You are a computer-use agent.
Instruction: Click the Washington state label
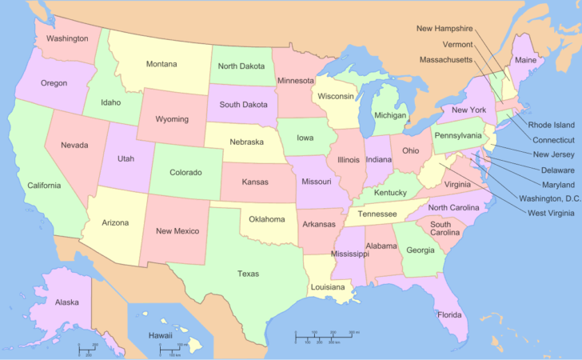pyautogui.click(x=67, y=38)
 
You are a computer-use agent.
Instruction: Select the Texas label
pyautogui.click(x=248, y=274)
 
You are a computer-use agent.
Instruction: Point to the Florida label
pyautogui.click(x=449, y=314)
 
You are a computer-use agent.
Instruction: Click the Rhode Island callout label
pyautogui.click(x=552, y=125)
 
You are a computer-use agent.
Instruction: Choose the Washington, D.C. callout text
pyautogui.click(x=550, y=198)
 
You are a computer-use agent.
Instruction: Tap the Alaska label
pyautogui.click(x=66, y=302)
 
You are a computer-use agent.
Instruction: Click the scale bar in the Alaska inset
pyautogui.click(x=87, y=349)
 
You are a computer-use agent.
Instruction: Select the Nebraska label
pyautogui.click(x=246, y=142)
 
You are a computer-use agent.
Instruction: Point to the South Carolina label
pyautogui.click(x=445, y=229)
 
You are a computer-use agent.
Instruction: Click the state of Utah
pyautogui.click(x=126, y=158)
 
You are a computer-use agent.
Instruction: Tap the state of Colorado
pyautogui.click(x=185, y=172)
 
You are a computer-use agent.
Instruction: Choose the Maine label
pyautogui.click(x=525, y=60)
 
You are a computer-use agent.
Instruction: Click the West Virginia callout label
pyautogui.click(x=551, y=213)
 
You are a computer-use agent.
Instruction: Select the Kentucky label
pyautogui.click(x=390, y=193)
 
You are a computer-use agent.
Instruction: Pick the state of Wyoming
pyautogui.click(x=172, y=119)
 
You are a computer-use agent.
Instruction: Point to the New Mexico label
pyautogui.click(x=176, y=231)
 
